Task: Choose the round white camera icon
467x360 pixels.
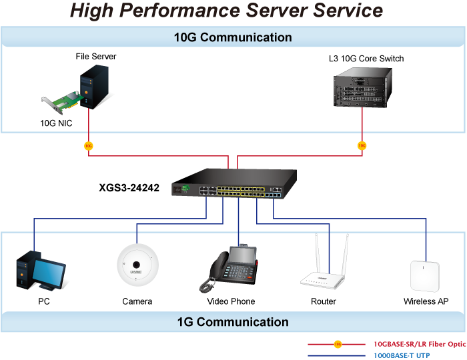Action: click(x=138, y=267)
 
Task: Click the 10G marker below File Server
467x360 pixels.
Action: click(x=89, y=145)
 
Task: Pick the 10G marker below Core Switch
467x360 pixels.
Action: click(x=362, y=145)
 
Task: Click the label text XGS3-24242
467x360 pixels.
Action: click(x=129, y=188)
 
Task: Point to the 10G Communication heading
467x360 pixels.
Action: click(x=233, y=37)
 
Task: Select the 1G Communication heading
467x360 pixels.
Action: click(x=233, y=322)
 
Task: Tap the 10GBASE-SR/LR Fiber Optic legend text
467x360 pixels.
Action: click(x=420, y=344)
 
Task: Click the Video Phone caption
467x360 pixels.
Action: click(x=231, y=302)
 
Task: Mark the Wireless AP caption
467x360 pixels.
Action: click(x=426, y=302)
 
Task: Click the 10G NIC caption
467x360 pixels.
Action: click(x=56, y=123)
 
